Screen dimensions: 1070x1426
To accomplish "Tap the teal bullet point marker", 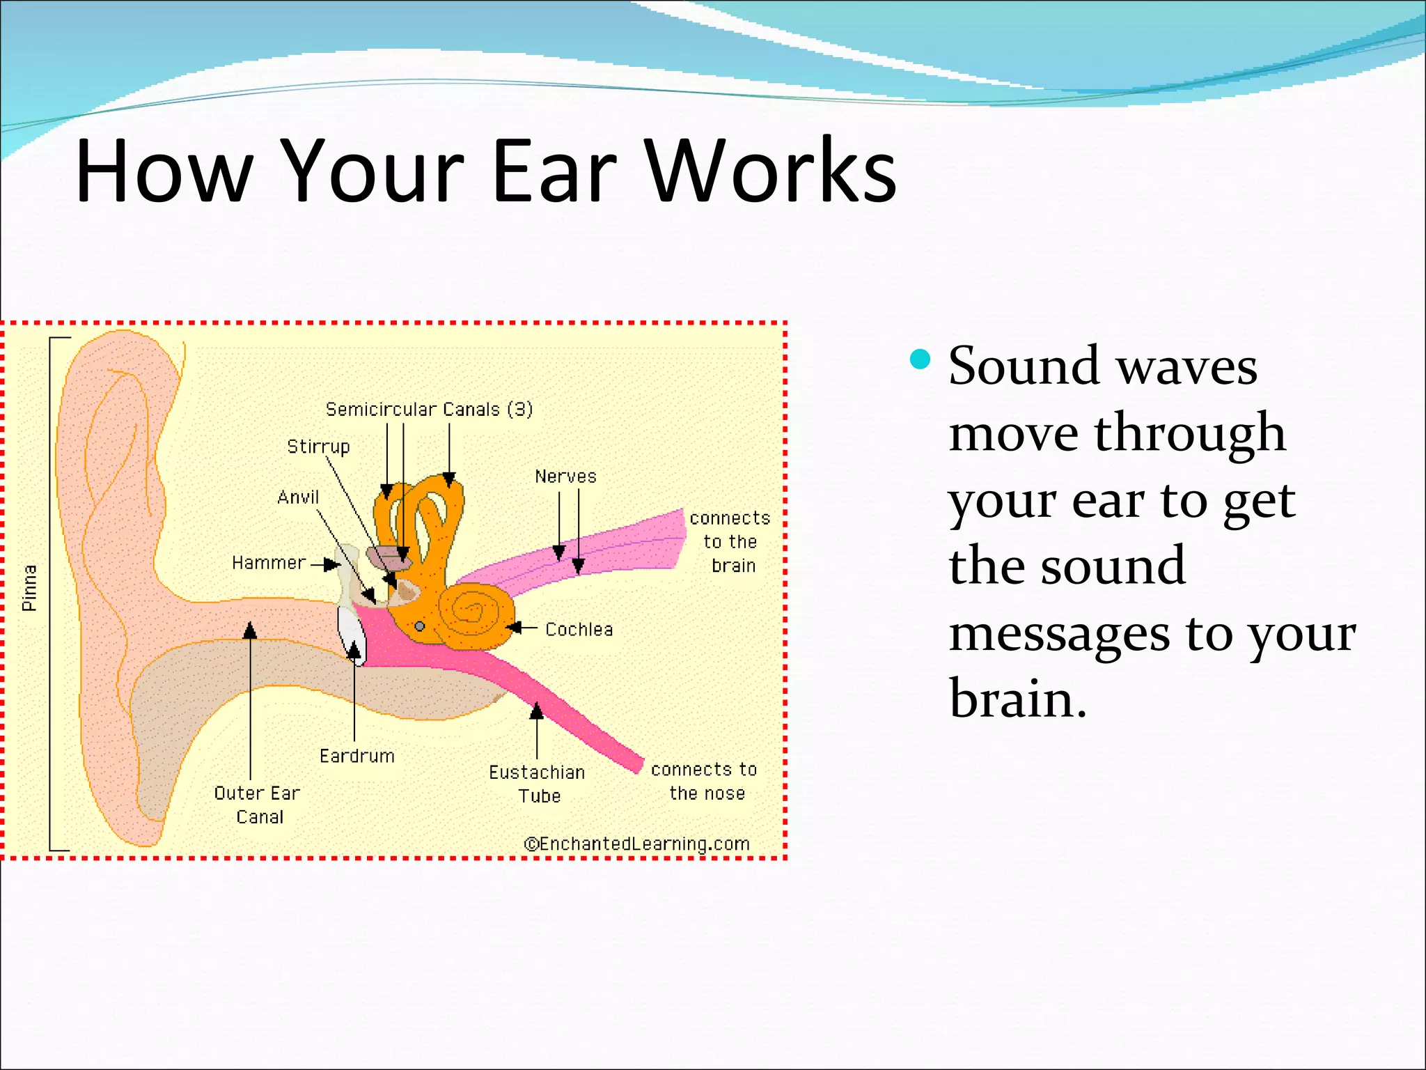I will [x=920, y=359].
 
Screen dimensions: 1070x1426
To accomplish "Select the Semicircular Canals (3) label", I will [x=429, y=410].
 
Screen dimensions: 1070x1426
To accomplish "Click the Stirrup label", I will [x=318, y=447].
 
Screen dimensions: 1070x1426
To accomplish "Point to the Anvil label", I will [x=298, y=497].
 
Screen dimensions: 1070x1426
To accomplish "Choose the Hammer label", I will [x=269, y=563].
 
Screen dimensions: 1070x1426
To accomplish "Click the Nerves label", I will [x=565, y=476].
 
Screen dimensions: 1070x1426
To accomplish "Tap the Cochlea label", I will [x=579, y=630].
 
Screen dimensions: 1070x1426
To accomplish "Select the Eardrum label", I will [x=356, y=756].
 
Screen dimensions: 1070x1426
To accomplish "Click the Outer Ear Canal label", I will [x=258, y=805].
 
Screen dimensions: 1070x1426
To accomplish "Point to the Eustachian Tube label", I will [x=538, y=784].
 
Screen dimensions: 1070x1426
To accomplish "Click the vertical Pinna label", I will [x=29, y=589].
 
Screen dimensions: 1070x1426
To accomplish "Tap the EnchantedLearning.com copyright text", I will [x=636, y=844].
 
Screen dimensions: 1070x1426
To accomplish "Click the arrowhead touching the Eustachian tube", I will [x=536, y=711].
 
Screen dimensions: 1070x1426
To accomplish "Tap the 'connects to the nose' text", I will [x=704, y=781].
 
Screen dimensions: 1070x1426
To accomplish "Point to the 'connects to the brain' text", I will [x=730, y=542].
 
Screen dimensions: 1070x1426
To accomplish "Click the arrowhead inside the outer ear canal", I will [x=250, y=631].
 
